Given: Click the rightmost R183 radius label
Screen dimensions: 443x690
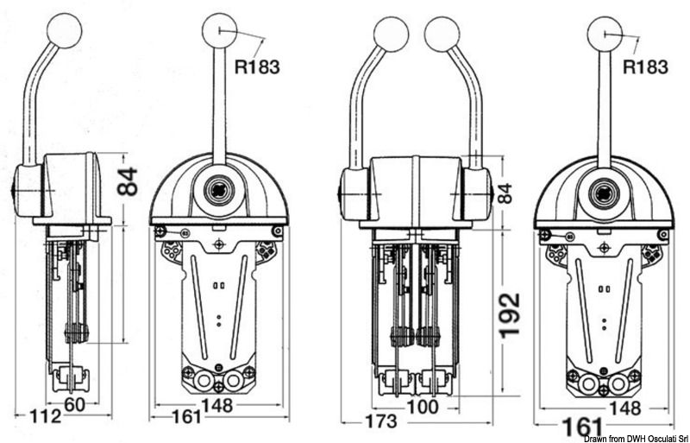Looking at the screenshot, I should coord(645,66).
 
